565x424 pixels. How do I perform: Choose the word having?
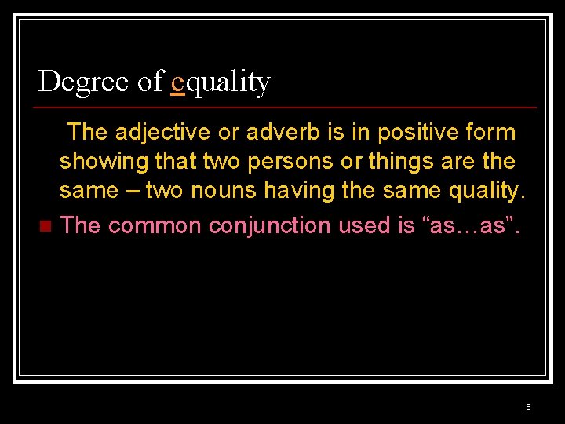[x=295, y=192]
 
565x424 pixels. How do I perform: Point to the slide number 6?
[x=528, y=407]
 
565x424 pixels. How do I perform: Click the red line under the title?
[x=287, y=107]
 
